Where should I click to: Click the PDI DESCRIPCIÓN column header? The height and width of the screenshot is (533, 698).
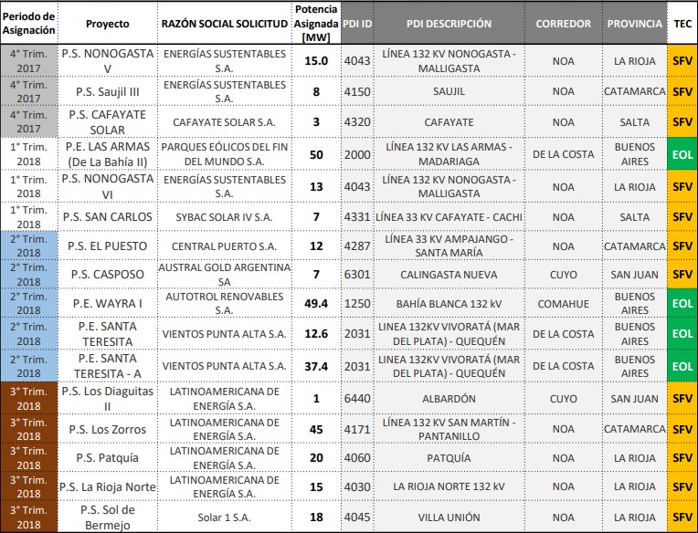pos(449,25)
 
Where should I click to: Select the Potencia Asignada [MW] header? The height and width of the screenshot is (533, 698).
pos(316,25)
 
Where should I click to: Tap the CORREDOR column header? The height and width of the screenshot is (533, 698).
pos(563,25)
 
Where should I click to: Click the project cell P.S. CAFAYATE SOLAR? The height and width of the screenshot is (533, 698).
pos(107,122)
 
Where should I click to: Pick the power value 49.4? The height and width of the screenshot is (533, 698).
pos(316,303)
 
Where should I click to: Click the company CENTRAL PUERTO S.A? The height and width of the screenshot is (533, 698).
pos(225,246)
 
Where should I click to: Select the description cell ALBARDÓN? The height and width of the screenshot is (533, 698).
pos(449,399)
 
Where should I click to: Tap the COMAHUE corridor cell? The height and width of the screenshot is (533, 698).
pos(563,303)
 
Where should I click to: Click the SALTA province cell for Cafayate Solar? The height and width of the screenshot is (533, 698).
pos(634,122)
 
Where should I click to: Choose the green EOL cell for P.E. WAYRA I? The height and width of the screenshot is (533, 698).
pos(682,303)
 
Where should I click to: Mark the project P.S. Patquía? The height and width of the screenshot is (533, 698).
pos(107,458)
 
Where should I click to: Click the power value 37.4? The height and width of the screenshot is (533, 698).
pos(316,366)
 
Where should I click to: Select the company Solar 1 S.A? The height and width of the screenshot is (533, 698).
pos(225,517)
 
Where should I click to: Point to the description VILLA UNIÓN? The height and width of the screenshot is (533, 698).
pos(449,517)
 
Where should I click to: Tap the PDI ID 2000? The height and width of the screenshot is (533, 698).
pos(357,154)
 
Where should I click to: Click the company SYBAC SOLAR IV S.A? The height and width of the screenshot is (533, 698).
pos(225,217)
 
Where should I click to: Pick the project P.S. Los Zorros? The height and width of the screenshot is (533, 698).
pos(107,429)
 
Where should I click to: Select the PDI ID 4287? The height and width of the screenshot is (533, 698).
pos(357,246)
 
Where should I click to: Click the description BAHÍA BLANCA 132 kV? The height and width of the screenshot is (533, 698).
pos(449,303)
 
